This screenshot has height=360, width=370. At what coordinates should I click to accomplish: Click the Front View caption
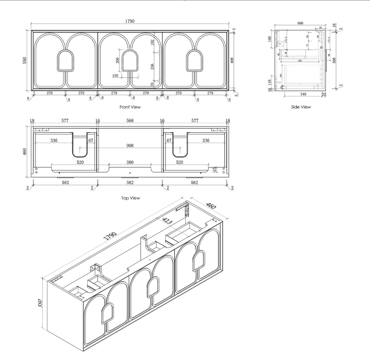pos(130,107)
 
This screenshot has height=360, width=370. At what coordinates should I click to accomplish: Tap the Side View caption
pos(301,107)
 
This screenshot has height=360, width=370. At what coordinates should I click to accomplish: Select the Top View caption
pos(130,198)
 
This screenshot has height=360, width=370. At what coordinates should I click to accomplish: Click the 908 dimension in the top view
pos(130,146)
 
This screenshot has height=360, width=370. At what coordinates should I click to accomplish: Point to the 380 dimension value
pos(130,162)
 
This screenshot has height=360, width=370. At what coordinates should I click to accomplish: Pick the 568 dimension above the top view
pos(130,121)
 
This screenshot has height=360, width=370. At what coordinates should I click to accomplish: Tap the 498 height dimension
pos(232,60)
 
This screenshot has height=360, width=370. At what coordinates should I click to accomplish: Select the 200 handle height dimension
pos(117,60)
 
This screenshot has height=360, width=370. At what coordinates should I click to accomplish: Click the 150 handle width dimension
pos(115,75)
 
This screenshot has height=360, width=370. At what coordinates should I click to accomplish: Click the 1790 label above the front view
pos(130,21)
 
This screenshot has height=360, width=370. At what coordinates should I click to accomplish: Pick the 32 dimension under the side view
pos(324,94)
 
